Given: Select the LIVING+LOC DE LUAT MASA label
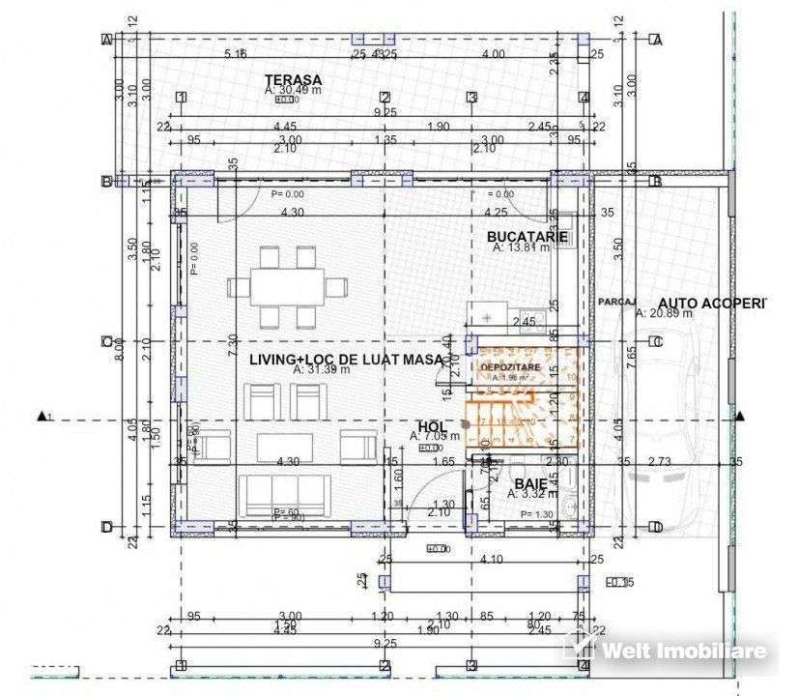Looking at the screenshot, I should tap(346, 359).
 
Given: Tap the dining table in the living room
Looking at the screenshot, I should tap(287, 287).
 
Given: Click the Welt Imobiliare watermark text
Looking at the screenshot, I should tap(685, 651).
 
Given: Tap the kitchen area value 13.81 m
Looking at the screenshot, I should tap(522, 247).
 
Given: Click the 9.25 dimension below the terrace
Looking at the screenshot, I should tap(385, 112).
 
